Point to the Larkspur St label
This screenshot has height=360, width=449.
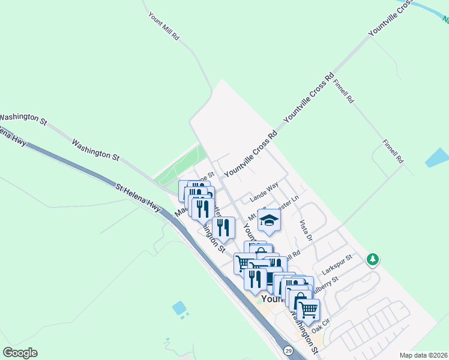click(336, 263)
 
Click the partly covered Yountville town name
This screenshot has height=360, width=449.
click(274, 298)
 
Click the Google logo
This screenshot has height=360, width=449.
click(20, 353)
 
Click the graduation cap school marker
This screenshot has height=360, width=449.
click(270, 220)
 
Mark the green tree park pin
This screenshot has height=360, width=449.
click(373, 259)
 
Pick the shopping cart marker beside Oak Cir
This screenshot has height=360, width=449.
click(308, 311)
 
